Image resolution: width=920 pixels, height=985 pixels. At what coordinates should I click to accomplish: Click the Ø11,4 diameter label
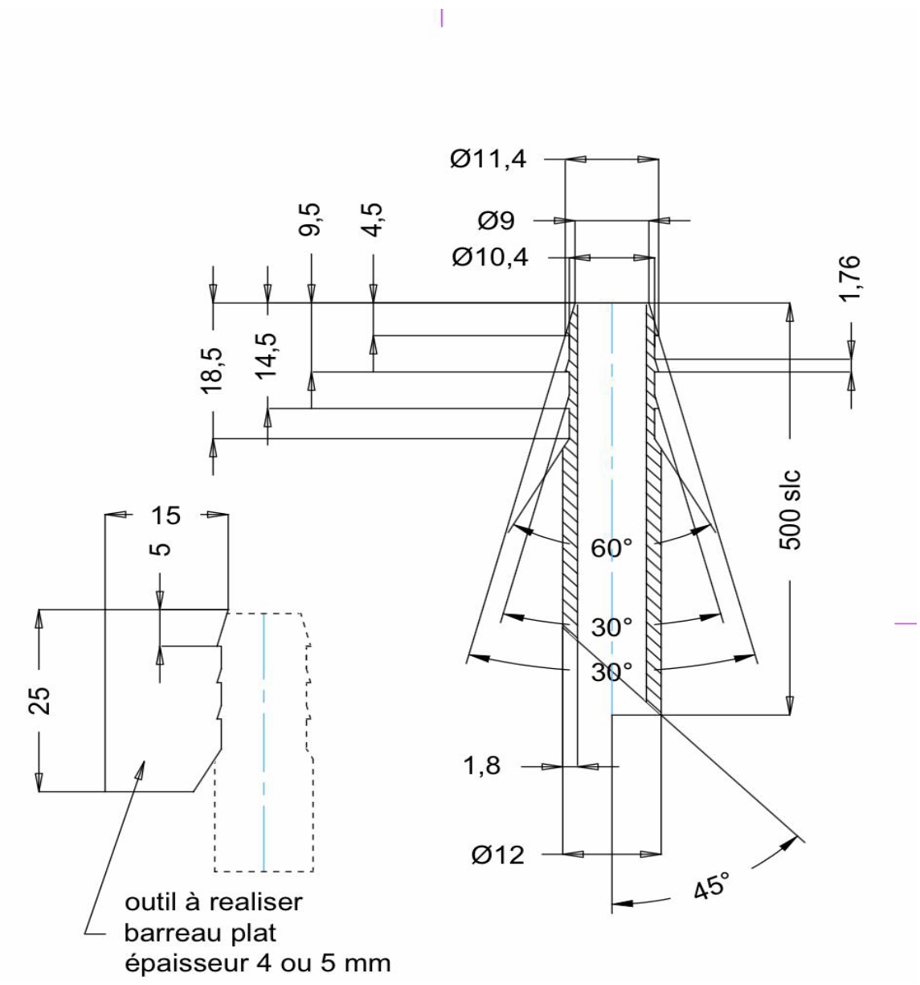(x=488, y=160)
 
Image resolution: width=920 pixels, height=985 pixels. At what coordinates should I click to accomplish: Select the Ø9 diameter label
(x=497, y=220)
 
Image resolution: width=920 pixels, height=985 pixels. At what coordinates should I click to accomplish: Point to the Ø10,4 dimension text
(x=490, y=257)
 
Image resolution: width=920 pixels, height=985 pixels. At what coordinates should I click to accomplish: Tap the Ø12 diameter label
(x=497, y=855)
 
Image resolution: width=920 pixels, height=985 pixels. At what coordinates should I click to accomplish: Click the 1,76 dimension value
(x=848, y=277)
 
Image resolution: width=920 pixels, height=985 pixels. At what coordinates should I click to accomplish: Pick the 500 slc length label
(x=790, y=510)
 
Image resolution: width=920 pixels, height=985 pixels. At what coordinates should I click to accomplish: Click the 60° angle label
(x=611, y=548)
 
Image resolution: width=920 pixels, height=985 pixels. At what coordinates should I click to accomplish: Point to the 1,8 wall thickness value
(x=481, y=765)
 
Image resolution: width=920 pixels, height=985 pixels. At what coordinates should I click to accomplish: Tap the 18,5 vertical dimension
(x=211, y=371)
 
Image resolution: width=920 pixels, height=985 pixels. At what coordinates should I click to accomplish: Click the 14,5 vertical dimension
(x=266, y=356)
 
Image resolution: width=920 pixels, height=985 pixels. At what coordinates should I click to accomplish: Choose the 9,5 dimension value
(x=310, y=220)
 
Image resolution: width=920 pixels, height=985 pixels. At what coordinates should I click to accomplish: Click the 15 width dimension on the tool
(x=166, y=515)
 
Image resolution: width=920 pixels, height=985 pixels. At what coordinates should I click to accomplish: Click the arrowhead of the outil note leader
(x=141, y=765)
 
